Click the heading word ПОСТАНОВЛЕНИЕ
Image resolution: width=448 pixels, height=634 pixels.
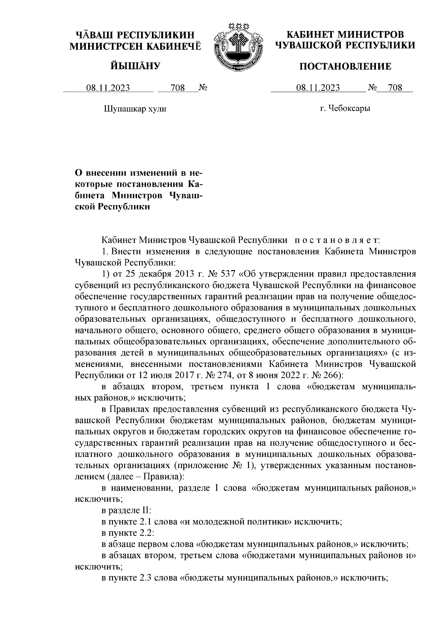point(346,67)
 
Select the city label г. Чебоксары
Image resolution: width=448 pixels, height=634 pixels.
point(345,109)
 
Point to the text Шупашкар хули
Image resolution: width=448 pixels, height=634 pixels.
point(134,109)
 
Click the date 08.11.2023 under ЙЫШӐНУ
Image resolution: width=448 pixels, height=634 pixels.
point(108,88)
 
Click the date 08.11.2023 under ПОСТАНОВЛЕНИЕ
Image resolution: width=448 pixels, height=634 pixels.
point(318,88)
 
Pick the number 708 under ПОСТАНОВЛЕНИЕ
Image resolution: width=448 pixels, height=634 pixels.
point(395,88)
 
